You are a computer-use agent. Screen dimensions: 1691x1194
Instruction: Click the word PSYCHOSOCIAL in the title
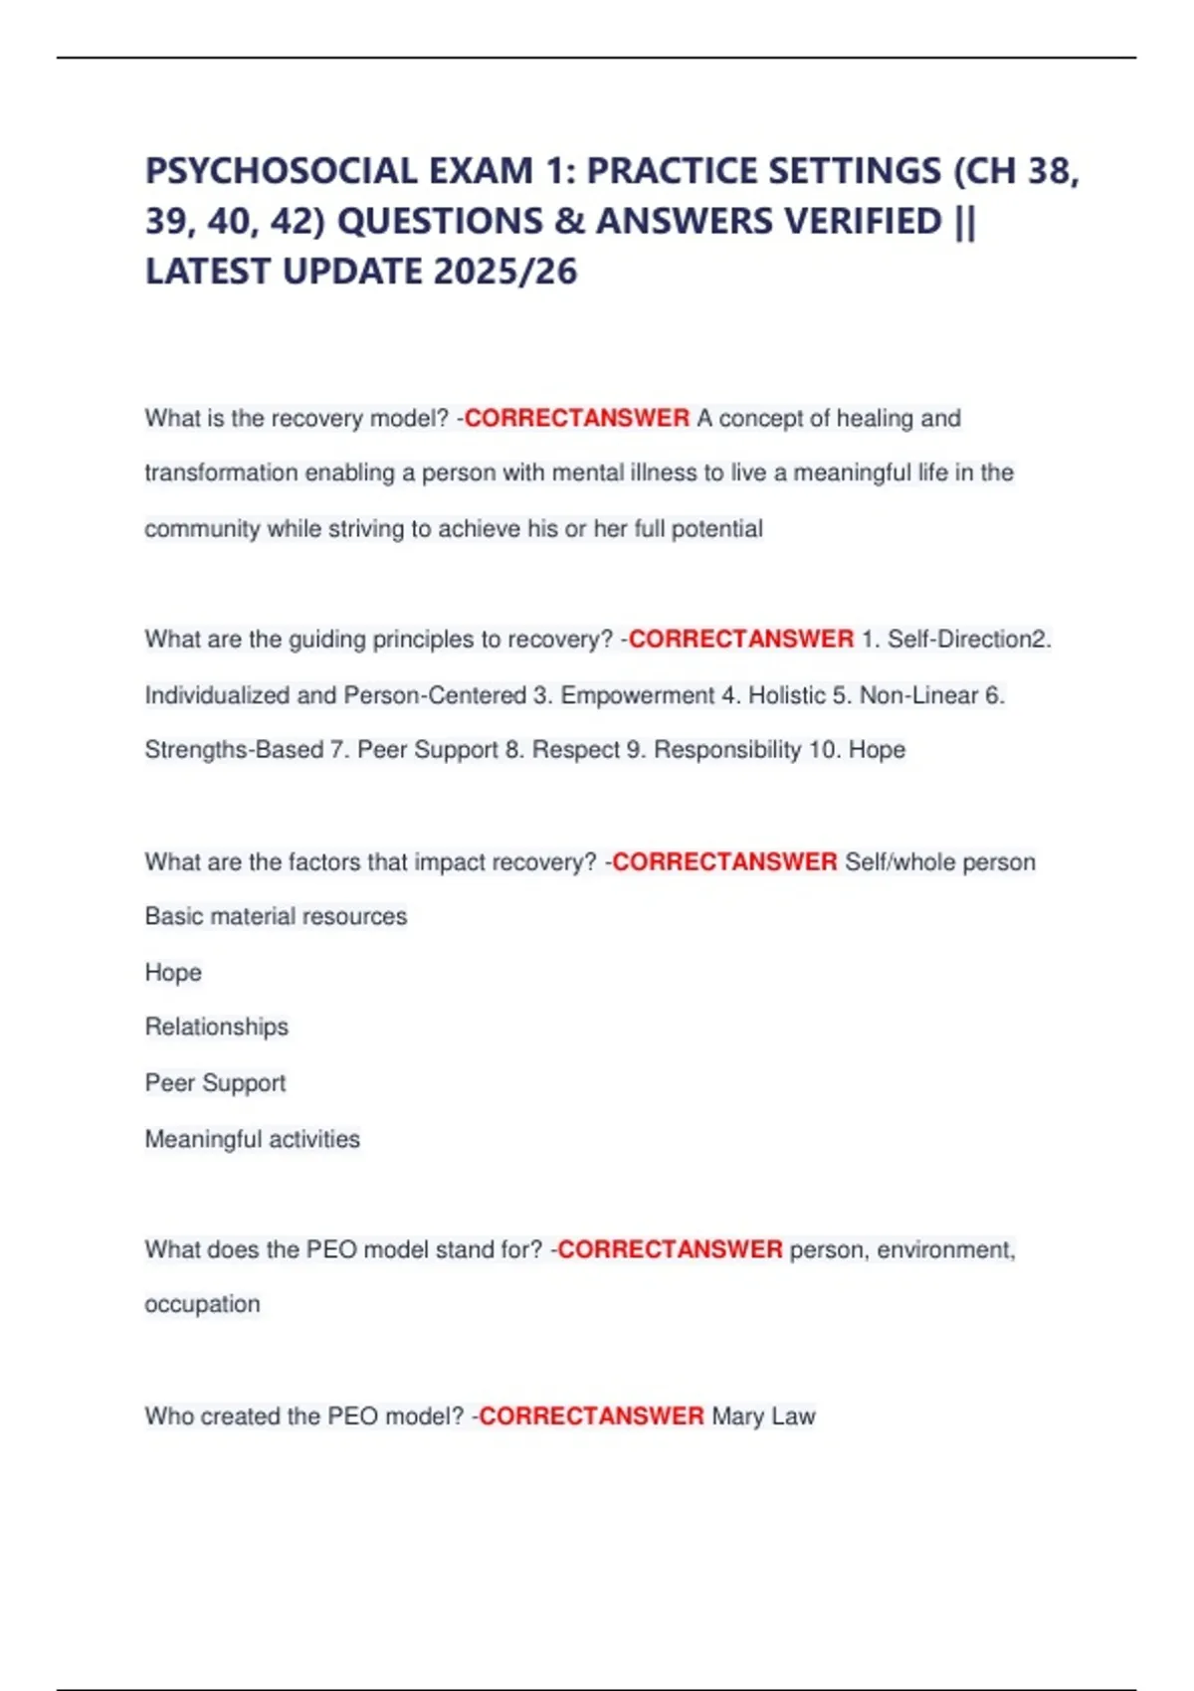click(x=282, y=171)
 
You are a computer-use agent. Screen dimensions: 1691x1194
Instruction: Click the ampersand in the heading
click(x=570, y=221)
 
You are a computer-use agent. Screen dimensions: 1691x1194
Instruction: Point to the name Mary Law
click(x=763, y=1415)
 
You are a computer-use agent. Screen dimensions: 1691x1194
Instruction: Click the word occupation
click(x=202, y=1304)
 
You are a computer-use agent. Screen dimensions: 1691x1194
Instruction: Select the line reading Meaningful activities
click(x=252, y=1139)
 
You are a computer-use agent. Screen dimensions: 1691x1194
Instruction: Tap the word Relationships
click(x=216, y=1027)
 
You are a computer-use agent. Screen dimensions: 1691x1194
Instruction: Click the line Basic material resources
click(x=276, y=916)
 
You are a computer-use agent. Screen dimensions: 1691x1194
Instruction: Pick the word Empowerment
click(x=638, y=695)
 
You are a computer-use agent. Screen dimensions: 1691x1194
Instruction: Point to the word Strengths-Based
click(x=233, y=750)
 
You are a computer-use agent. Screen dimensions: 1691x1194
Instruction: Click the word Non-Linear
click(x=918, y=695)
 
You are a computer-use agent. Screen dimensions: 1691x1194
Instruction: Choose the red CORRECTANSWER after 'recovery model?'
click(x=577, y=418)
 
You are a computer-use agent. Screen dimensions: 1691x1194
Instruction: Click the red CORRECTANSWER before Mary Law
click(x=592, y=1415)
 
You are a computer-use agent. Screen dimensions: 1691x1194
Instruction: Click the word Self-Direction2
click(x=969, y=639)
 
